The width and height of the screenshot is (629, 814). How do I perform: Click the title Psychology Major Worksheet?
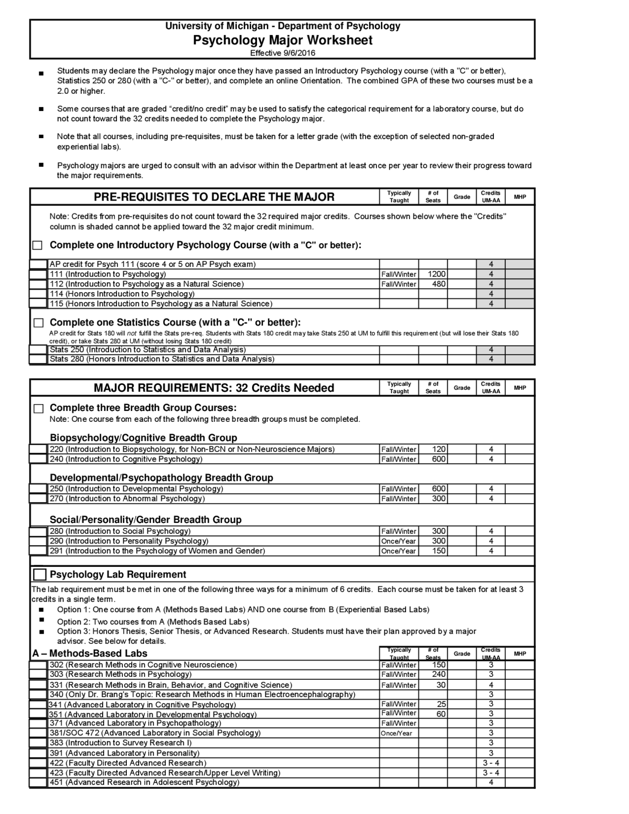pos(283,40)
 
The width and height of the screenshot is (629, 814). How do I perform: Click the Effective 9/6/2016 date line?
pos(283,53)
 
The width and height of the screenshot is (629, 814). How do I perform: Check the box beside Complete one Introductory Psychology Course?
pos(38,245)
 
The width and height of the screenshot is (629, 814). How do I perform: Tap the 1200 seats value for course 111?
pos(436,274)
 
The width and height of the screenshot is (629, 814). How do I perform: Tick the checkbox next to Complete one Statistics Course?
pos(38,323)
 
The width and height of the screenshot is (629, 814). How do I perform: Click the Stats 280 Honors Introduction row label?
pos(162,359)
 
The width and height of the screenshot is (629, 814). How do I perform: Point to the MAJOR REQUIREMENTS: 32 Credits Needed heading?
pos(214,388)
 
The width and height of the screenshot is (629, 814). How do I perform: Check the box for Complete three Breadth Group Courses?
pos(38,408)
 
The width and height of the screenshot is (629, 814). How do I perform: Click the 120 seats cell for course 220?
pos(438,449)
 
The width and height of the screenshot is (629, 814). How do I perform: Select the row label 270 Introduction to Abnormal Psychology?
pos(127,498)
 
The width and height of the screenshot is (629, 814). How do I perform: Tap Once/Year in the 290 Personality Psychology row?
pos(399,541)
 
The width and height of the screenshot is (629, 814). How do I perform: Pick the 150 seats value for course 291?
pos(438,551)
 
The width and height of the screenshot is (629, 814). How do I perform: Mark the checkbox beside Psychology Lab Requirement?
pos(40,575)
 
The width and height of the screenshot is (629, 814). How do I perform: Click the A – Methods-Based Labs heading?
pos(90,653)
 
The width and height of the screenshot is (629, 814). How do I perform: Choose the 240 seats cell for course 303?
pos(438,674)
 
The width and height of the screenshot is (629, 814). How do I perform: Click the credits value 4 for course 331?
pos(490,685)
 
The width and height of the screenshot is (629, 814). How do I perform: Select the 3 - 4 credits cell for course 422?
pos(490,763)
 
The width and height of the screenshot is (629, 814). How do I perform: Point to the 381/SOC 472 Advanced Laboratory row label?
pos(155,733)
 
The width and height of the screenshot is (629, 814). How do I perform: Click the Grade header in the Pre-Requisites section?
pos(461,197)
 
